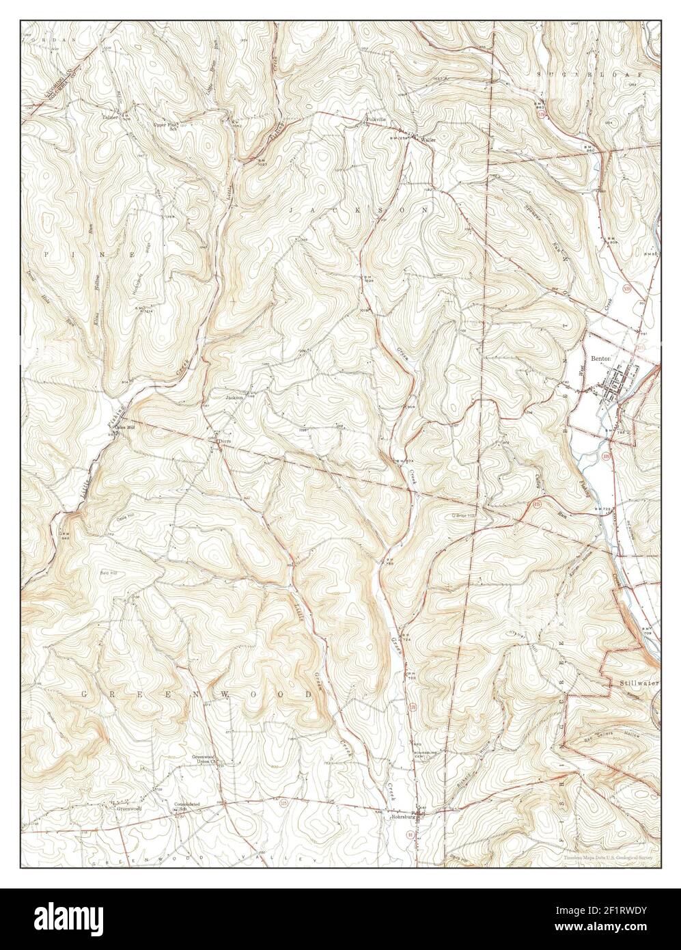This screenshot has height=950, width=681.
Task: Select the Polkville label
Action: [376, 119]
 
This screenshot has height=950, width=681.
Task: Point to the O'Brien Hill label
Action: [462, 515]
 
